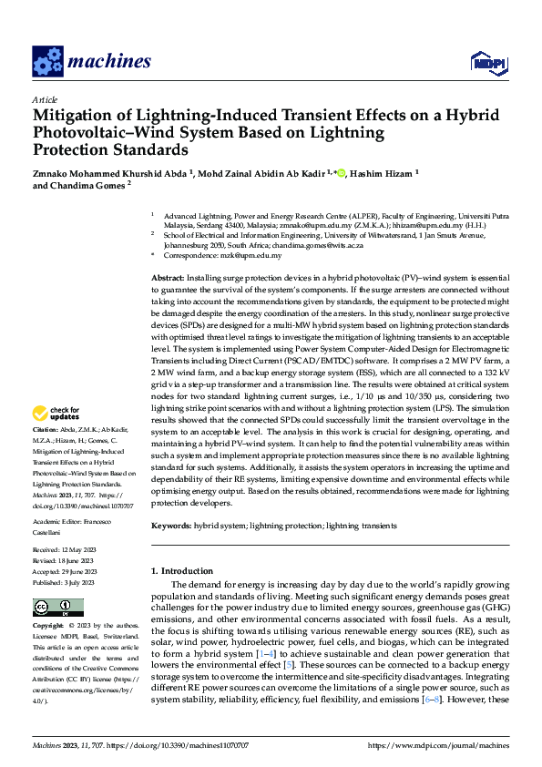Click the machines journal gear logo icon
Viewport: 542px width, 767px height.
pos(47,61)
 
